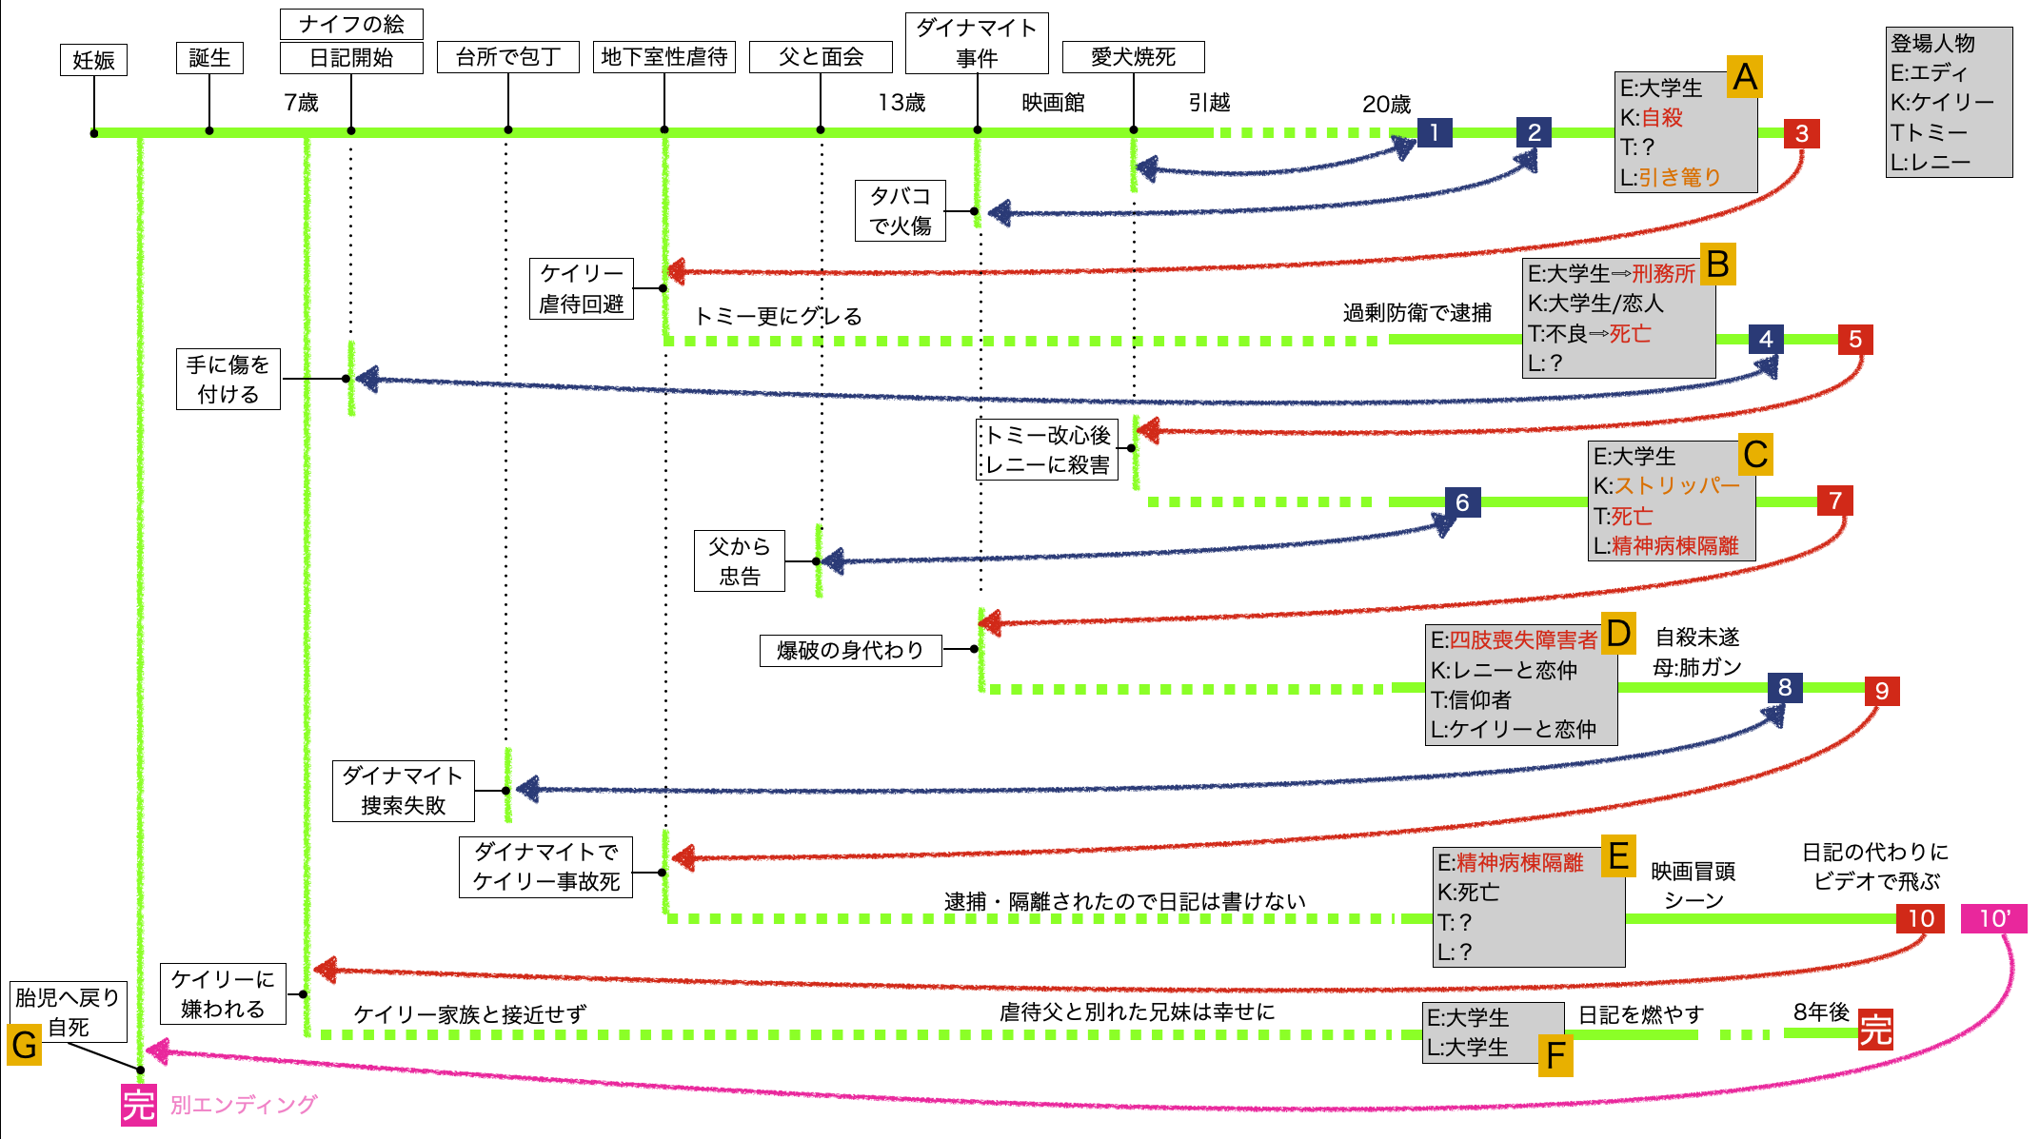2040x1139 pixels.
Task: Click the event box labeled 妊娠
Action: click(x=93, y=60)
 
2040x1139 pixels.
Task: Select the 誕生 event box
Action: click(x=209, y=58)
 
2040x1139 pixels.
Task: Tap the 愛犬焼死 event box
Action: click(x=1133, y=57)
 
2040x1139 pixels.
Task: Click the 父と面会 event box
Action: click(x=821, y=57)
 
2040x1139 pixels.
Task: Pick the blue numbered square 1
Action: click(x=1434, y=132)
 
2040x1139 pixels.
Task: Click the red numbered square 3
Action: click(x=1801, y=133)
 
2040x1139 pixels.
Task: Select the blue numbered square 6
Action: click(x=1462, y=502)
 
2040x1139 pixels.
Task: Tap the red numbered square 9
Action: click(x=1881, y=691)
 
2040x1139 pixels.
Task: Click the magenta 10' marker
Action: click(x=1993, y=918)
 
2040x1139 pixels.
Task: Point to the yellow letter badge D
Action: click(x=1618, y=633)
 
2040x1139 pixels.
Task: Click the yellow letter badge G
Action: click(x=25, y=1045)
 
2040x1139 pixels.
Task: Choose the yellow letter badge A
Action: click(x=1744, y=76)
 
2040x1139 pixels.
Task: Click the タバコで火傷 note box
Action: click(x=900, y=210)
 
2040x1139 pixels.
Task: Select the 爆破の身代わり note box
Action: click(x=850, y=651)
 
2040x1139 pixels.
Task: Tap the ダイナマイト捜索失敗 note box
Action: click(x=403, y=790)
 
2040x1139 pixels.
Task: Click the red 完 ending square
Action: click(x=1875, y=1030)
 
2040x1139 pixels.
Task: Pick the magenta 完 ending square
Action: click(x=139, y=1105)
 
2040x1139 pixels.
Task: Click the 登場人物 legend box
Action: click(x=1949, y=102)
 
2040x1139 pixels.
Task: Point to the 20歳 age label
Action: click(x=1386, y=104)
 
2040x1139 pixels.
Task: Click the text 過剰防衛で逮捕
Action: click(x=1416, y=312)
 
